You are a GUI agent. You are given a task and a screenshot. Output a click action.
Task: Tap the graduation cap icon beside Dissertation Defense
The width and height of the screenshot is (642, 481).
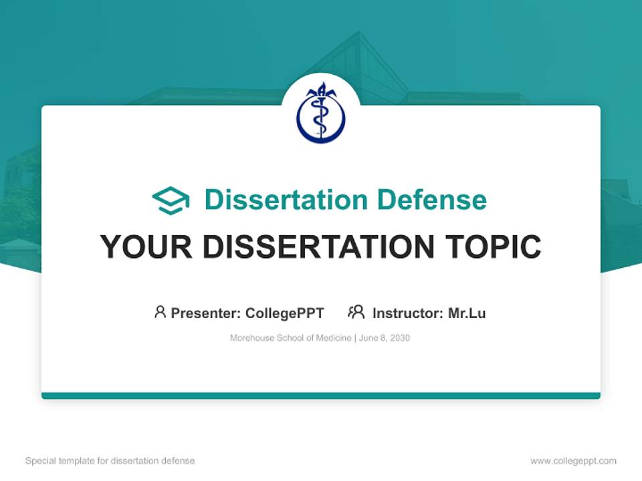pos(171,200)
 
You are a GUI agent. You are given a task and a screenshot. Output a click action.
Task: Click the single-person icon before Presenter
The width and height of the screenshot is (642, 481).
pos(160,312)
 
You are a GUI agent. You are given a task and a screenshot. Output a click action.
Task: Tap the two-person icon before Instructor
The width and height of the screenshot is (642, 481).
pos(356,312)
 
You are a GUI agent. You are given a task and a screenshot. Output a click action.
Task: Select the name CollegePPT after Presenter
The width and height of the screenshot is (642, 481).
pos(285,313)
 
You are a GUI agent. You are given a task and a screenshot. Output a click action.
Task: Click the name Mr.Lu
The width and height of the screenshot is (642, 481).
pos(467,313)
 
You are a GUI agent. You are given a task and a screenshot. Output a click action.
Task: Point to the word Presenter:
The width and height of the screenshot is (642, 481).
pos(206,313)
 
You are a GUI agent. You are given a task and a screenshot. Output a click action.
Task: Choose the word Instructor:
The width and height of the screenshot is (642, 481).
pos(408,313)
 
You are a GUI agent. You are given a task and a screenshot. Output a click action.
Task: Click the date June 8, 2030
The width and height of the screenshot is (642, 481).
pos(385,338)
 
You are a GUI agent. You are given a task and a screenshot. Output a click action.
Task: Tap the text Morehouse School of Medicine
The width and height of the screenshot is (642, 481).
pos(290,338)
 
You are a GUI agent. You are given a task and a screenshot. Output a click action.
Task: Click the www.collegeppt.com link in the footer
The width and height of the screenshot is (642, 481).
pos(573,461)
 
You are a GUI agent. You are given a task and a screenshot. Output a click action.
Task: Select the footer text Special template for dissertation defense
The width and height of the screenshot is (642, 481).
pos(110,461)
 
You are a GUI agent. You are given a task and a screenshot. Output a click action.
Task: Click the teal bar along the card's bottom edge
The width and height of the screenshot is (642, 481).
pos(321,395)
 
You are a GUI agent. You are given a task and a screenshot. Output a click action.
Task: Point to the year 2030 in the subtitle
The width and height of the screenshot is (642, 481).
pos(399,338)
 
